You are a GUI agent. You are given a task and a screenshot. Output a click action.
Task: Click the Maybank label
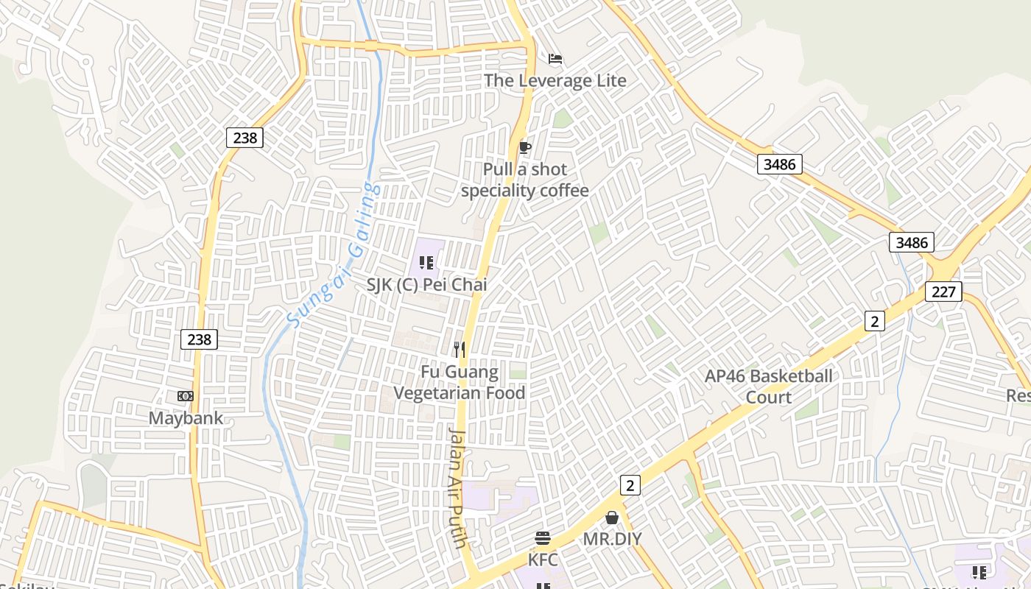[186, 418]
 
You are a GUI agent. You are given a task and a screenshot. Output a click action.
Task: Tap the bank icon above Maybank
[186, 396]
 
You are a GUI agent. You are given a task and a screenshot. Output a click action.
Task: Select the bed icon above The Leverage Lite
[555, 59]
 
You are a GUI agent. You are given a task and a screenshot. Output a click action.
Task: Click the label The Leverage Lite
[555, 80]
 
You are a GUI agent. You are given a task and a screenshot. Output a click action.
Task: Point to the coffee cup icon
[524, 148]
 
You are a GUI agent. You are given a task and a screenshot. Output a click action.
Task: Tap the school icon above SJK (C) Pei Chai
[426, 262]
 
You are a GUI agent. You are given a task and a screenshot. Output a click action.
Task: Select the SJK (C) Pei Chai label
[427, 284]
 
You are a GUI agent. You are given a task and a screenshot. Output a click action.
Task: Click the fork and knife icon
[460, 349]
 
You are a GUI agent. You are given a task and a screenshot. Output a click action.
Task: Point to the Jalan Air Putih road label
[458, 487]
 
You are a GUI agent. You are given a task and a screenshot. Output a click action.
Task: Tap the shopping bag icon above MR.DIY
[611, 518]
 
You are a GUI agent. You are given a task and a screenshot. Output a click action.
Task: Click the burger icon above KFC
[543, 538]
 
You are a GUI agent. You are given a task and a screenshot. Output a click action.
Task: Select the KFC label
[543, 560]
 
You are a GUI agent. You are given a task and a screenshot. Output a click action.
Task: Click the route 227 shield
[943, 291]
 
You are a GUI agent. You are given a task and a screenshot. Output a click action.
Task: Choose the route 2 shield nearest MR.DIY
[630, 484]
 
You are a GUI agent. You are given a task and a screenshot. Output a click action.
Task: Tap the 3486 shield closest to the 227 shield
[911, 242]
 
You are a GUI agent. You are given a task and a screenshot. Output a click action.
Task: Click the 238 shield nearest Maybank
[199, 339]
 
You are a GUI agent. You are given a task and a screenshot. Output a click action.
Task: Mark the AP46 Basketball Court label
[769, 387]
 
